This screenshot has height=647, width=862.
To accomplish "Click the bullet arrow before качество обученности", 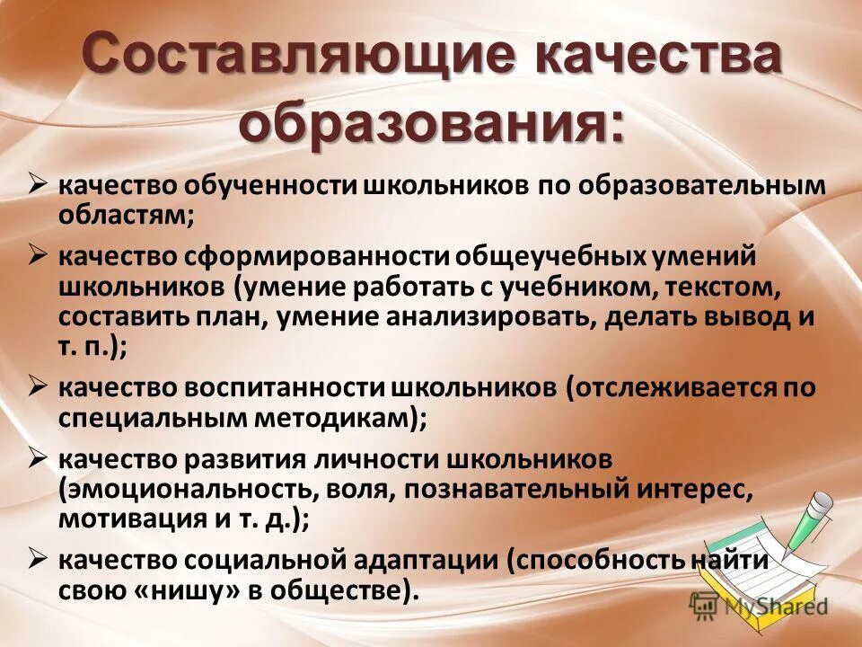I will [37, 184].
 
